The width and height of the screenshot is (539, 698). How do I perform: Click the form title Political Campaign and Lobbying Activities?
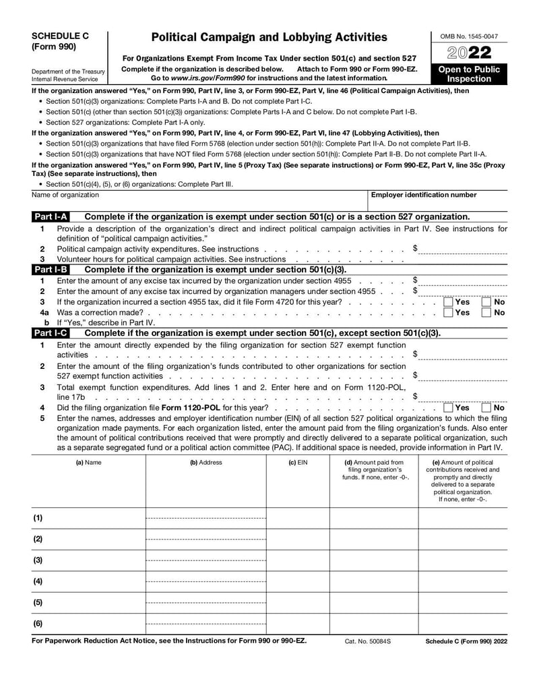point(269,37)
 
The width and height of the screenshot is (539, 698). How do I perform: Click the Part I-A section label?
point(51,216)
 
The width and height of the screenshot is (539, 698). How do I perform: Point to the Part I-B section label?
point(51,269)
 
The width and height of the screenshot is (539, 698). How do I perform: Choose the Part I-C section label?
point(51,333)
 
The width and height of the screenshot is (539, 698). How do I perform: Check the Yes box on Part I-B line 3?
point(448,302)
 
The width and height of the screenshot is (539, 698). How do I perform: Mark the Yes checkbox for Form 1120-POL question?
point(448,407)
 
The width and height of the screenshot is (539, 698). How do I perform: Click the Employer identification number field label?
point(424,195)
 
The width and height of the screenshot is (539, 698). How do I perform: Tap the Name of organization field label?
point(65,195)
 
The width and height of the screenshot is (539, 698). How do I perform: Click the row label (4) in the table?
point(38,581)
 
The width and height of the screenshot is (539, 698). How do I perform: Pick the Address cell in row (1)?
point(205,518)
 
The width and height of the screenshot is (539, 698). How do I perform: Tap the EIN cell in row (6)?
point(298,623)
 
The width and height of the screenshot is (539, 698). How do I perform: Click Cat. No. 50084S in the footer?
point(367,641)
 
